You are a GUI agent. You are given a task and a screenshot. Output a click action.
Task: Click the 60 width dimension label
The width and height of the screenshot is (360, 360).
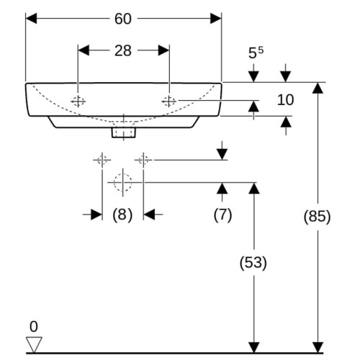pos(123,19)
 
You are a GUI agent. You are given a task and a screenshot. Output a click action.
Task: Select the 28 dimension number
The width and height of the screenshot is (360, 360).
pos(123,51)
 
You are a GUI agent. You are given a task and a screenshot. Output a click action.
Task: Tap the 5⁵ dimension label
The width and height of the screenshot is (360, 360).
pos(256,53)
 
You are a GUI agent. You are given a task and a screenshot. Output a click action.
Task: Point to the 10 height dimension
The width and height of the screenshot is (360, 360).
pos(285,100)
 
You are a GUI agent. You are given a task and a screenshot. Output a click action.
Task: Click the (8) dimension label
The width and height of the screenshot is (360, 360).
pos(122,215)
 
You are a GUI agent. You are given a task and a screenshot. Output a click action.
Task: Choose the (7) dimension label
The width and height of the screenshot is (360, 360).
pos(222,215)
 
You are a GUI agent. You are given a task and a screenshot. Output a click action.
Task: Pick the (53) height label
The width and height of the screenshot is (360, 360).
pos(253,262)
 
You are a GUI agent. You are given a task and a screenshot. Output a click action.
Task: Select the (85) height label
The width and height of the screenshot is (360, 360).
pos(317,216)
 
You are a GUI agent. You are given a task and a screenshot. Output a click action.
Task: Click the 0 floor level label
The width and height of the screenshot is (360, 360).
pos(34,327)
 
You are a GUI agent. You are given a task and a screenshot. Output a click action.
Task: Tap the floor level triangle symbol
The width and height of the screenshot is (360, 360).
pos(34,345)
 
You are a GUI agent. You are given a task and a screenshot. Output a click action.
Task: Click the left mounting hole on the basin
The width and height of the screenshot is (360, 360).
pos(78,102)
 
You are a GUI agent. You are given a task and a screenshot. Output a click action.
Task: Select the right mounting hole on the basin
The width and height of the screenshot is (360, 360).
pos(169,102)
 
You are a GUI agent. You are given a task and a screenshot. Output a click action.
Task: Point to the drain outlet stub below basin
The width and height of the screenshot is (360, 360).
pos(124,132)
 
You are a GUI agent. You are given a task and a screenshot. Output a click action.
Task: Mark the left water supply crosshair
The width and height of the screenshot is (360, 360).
pos(102,160)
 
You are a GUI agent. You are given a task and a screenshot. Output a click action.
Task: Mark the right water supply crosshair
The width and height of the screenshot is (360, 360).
pos(143,160)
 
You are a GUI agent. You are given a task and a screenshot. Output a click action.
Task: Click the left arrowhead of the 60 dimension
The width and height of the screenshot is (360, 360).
pos(31,19)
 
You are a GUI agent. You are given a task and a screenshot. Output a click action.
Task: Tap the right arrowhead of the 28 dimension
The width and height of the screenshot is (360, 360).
pos(163,50)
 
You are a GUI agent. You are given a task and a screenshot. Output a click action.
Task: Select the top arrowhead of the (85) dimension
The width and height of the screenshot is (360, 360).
pos(318,88)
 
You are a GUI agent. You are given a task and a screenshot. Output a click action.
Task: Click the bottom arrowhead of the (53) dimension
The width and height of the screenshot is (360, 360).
pos(254,347)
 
